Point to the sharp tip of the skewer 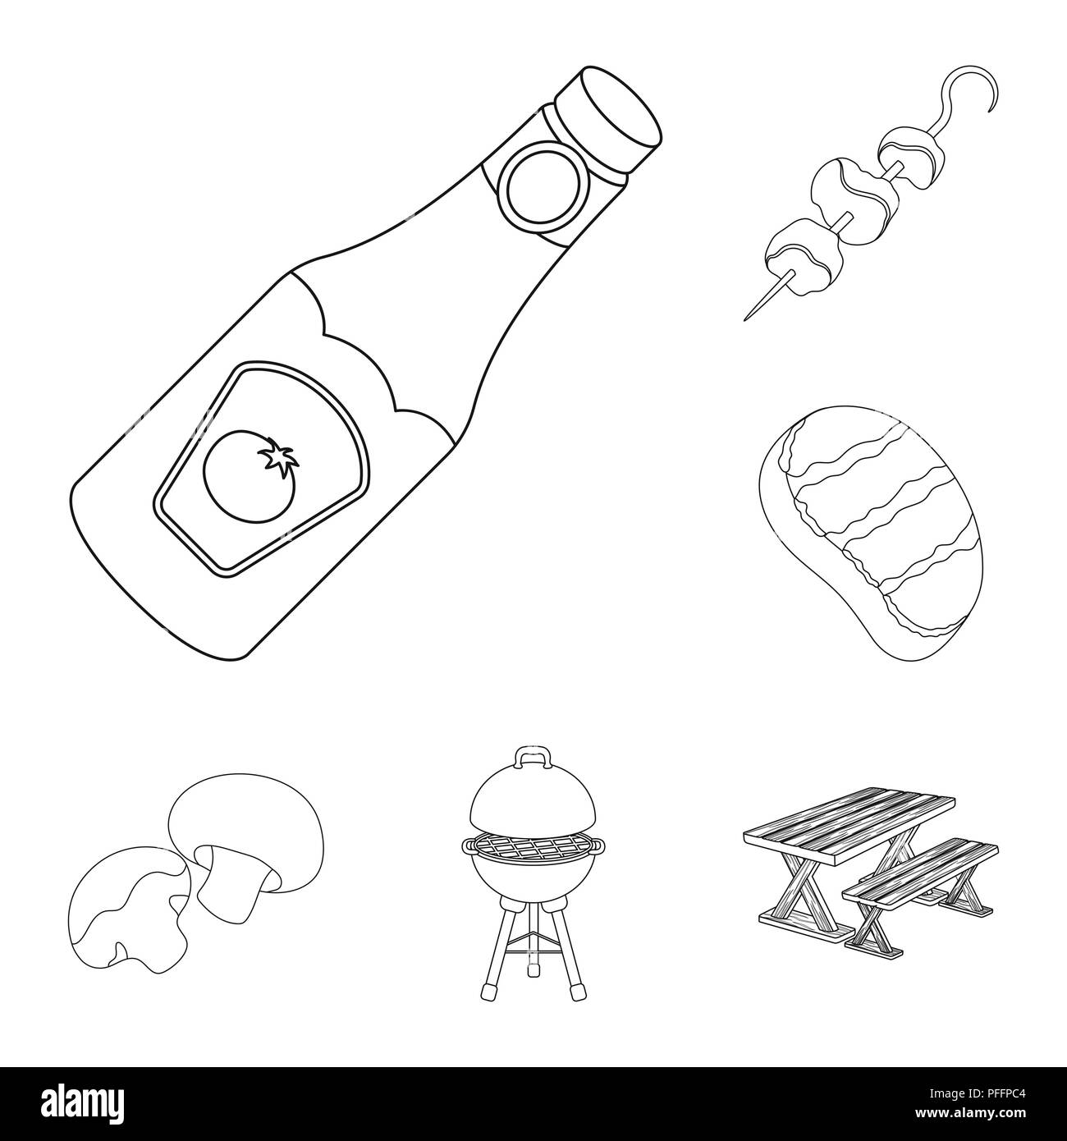[746, 317]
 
